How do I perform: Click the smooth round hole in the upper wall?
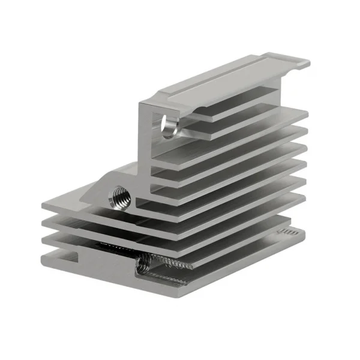(168, 126)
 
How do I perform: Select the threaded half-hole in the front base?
(144, 263)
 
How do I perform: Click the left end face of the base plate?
(43, 259)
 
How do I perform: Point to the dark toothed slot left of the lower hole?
(114, 247)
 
